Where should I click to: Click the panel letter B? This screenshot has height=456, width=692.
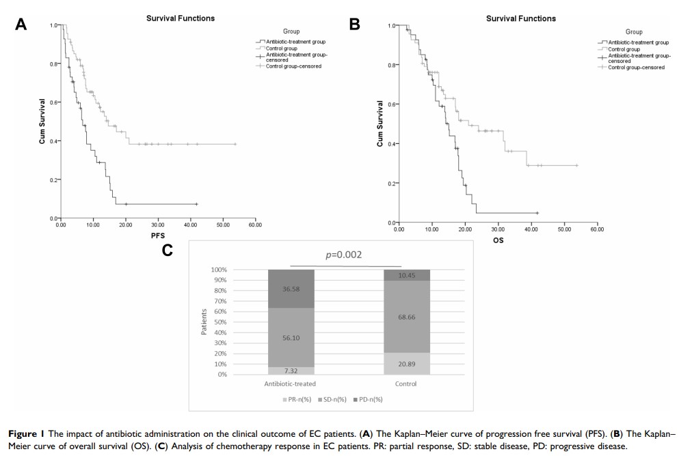click(354, 24)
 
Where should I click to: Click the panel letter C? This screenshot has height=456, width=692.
click(167, 251)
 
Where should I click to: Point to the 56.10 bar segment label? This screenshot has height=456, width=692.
click(291, 338)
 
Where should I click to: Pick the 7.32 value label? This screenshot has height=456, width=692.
click(291, 370)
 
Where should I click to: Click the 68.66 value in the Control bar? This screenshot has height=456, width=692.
click(406, 317)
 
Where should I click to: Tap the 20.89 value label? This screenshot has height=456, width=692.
click(406, 364)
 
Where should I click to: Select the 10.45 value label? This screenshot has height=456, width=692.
click(406, 275)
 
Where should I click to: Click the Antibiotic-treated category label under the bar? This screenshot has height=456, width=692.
click(290, 384)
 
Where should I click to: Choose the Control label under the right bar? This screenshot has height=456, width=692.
click(405, 384)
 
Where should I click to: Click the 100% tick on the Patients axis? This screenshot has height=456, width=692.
click(218, 270)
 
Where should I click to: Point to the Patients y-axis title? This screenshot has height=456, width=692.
click(204, 322)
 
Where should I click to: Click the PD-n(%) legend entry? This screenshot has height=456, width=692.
click(369, 399)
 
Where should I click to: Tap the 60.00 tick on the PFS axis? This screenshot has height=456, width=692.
click(254, 225)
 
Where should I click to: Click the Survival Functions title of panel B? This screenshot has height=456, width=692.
click(520, 18)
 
